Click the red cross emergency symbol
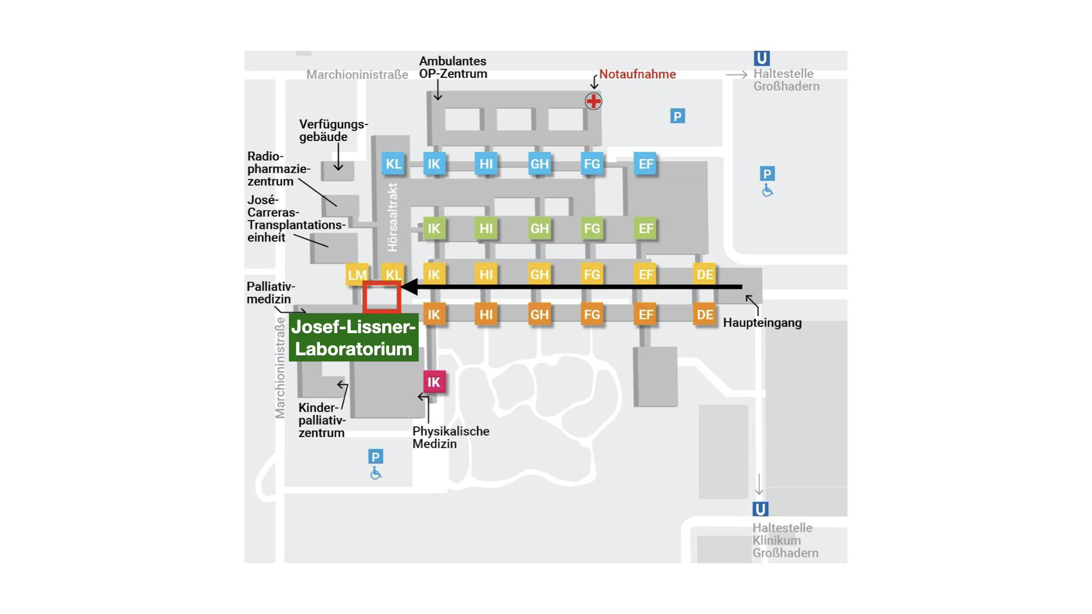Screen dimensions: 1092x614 click(x=593, y=101)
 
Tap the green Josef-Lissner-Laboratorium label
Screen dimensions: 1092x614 click(x=354, y=338)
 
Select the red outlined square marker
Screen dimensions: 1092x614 click(x=382, y=297)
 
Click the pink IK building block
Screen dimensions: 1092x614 click(x=434, y=382)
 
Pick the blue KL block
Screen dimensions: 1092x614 click(x=393, y=164)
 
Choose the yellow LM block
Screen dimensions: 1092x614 click(x=357, y=275)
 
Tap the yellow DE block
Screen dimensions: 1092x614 click(x=705, y=275)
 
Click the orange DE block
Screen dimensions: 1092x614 click(x=705, y=314)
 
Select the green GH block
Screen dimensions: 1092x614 click(x=539, y=229)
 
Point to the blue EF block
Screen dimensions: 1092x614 click(x=646, y=164)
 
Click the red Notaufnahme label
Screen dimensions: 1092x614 click(x=638, y=74)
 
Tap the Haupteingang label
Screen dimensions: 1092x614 click(x=762, y=323)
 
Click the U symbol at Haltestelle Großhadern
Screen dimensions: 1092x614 click(x=762, y=58)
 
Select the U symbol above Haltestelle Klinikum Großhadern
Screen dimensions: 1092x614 click(x=760, y=509)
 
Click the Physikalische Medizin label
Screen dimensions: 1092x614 click(x=451, y=437)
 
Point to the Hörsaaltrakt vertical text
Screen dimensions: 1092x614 click(x=392, y=217)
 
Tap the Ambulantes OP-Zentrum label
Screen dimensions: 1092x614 click(x=453, y=67)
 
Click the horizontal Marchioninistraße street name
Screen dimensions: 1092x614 click(x=357, y=74)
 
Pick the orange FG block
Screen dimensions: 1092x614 click(x=591, y=314)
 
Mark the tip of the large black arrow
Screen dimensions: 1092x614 click(x=402, y=287)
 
